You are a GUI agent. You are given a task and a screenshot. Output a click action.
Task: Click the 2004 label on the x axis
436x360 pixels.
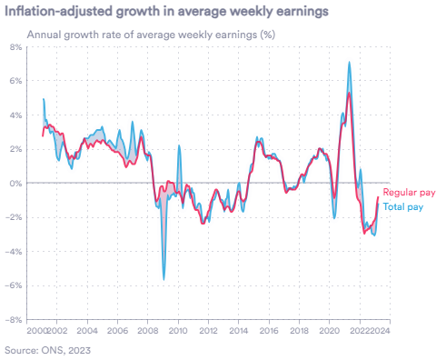(86, 332)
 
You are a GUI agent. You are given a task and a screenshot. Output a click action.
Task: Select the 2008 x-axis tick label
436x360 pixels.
(147, 332)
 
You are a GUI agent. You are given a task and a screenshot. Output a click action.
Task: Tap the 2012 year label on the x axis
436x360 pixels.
(208, 332)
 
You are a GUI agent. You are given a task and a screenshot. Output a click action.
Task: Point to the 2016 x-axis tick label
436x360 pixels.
(269, 332)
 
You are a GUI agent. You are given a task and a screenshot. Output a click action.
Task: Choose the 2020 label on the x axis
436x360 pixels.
(330, 332)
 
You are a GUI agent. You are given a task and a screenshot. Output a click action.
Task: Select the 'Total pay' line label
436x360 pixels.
(402, 207)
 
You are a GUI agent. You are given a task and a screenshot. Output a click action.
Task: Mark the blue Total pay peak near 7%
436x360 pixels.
(350, 62)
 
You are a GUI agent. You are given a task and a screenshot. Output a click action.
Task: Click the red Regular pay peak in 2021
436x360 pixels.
(349, 93)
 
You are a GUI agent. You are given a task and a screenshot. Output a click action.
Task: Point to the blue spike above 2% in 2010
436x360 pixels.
(178, 146)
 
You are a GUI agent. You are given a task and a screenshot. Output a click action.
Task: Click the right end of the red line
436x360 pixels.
(378, 196)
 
